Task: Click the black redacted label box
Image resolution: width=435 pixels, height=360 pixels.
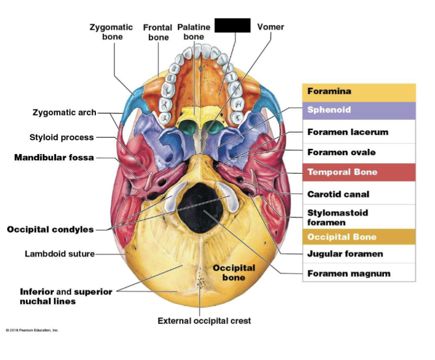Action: [232, 25]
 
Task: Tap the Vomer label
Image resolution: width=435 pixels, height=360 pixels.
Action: [270, 27]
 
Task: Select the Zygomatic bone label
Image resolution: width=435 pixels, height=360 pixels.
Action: [112, 32]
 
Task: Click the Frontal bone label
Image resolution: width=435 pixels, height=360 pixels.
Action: [158, 32]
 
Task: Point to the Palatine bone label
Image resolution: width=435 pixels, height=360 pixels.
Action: [194, 32]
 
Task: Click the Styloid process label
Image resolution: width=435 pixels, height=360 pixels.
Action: [61, 138]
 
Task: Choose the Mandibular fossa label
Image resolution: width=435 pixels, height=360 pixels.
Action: [54, 158]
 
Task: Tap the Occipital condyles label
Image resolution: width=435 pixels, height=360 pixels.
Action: [50, 229]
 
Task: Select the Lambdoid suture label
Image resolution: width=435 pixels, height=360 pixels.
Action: [59, 254]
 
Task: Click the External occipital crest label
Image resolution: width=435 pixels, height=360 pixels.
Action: [204, 321]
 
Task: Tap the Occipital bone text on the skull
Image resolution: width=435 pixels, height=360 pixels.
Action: [234, 273]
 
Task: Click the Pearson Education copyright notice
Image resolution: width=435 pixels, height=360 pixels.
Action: [33, 330]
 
